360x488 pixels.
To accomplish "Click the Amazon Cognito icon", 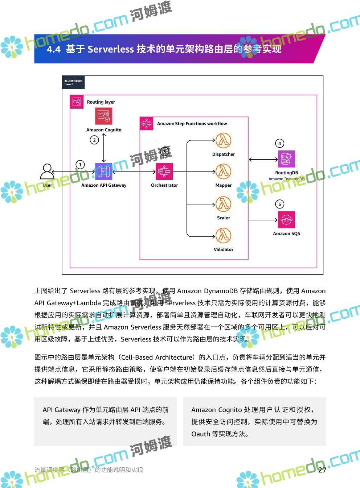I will tap(104, 116).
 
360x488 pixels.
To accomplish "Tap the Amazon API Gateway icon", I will tap(104, 171).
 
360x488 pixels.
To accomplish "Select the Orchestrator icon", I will tap(164, 171).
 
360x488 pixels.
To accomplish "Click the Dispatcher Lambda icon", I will tap(223, 141).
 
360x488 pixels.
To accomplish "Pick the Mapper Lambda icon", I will tap(223, 171).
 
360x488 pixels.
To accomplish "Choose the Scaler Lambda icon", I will tap(223, 204).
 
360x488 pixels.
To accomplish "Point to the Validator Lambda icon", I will tap(223, 236).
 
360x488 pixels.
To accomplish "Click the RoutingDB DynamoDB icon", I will tap(286, 159).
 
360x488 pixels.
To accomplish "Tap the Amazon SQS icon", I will tap(286, 220).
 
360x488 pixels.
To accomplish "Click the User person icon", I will tap(47, 171).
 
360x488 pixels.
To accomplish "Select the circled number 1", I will tap(80, 165).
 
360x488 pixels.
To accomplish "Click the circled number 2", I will tap(94, 140).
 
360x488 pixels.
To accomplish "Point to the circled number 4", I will tap(279, 143).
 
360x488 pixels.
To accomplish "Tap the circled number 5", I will tap(279, 204).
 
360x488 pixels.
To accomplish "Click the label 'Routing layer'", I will tap(101, 102).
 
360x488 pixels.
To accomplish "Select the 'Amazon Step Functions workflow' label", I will tap(192, 124).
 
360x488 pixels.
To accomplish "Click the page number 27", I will tap(322, 470).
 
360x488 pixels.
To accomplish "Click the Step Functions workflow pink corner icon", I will tap(147, 124).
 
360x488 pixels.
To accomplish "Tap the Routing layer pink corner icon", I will tap(77, 102).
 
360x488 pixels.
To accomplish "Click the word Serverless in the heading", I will tap(111, 49).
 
